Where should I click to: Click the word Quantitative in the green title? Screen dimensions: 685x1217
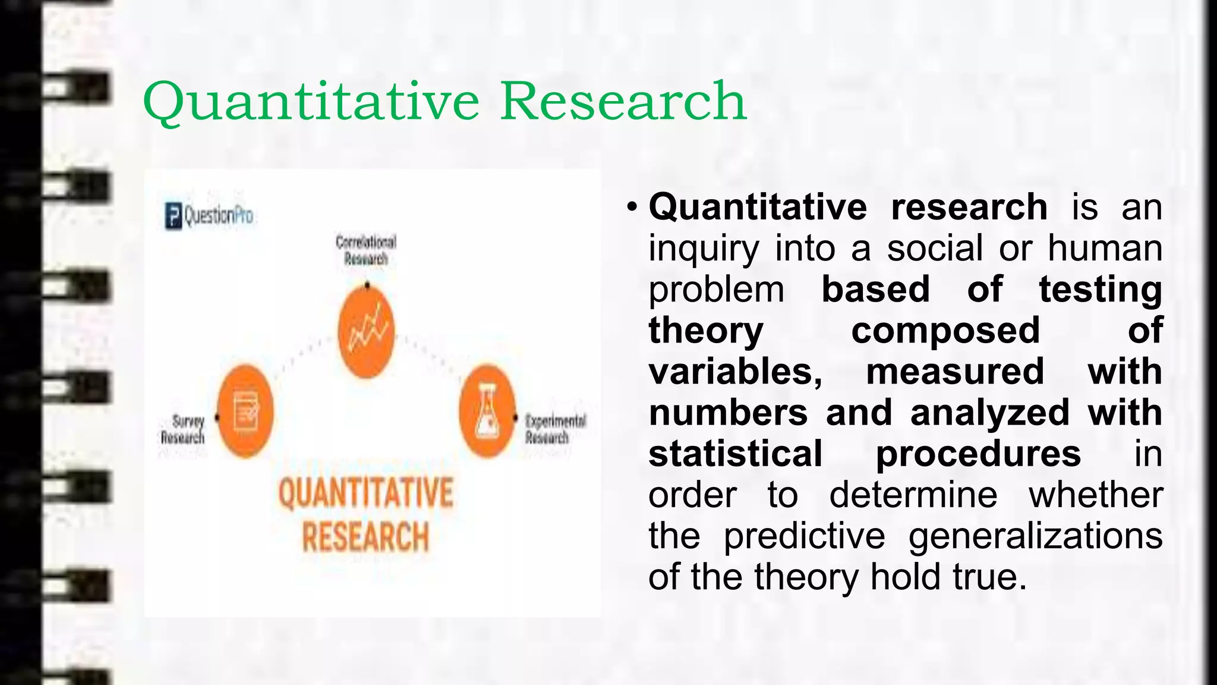(311, 102)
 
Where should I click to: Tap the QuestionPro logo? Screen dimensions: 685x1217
(209, 215)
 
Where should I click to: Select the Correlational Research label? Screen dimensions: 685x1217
(365, 250)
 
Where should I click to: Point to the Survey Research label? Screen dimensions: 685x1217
(183, 429)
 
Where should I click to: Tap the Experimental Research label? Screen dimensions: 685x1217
(555, 429)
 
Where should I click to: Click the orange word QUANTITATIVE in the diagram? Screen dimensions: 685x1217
(365, 493)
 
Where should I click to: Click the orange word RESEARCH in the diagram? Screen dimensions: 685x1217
(365, 537)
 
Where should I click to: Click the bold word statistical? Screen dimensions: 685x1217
(736, 454)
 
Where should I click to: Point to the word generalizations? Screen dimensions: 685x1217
(1035, 536)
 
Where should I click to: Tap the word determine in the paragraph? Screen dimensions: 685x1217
(913, 495)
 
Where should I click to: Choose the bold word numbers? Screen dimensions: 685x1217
(728, 413)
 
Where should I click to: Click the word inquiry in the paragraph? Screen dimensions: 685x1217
(704, 249)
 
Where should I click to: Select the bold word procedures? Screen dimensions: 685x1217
(978, 454)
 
